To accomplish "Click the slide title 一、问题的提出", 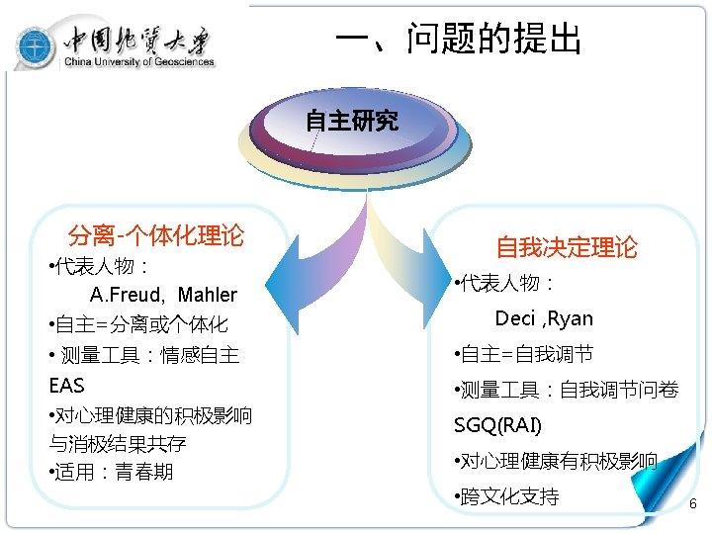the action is pos(458,40).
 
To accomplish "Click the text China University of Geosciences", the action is pos(138,62).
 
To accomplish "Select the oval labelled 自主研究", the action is pos(351,122).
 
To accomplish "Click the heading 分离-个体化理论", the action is pos(155,235).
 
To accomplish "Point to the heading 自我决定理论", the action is pos(567,247).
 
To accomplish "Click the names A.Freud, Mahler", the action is pos(163,295).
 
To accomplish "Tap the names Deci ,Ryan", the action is pos(544,318).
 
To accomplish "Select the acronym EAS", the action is pos(67,385).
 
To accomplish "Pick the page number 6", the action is pos(692,504).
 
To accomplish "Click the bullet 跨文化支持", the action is pos(506,496).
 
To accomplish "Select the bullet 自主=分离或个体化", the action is pos(138,324).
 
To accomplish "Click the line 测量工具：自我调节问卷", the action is pos(566,391).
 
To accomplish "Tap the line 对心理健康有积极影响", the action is pos(556,461).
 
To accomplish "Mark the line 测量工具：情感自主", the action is pos(146,355).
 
